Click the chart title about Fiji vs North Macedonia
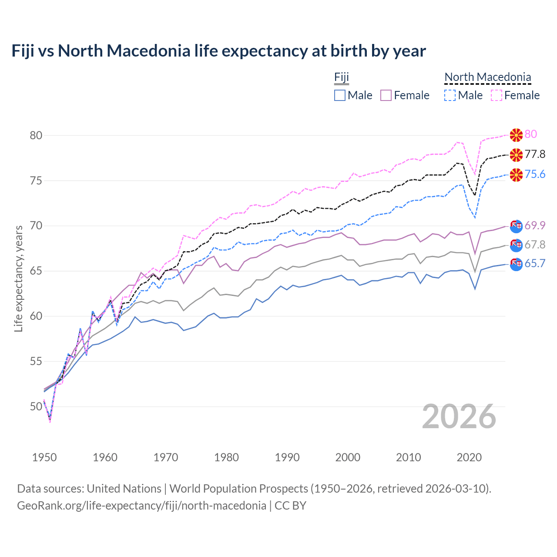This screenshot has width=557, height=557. click(218, 51)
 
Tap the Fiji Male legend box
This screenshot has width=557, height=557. click(340, 95)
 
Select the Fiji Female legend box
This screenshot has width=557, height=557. click(386, 95)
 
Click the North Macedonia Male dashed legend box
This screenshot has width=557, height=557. click(450, 95)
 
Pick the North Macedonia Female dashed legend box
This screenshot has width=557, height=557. click(497, 95)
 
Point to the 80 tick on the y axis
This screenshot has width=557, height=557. click(36, 135)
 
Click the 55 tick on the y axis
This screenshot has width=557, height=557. click(36, 361)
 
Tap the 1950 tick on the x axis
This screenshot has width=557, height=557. click(44, 457)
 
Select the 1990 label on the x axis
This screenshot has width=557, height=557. click(287, 457)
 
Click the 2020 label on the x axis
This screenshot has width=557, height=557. click(469, 457)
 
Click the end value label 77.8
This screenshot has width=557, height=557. click(535, 154)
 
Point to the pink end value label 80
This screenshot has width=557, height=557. click(531, 134)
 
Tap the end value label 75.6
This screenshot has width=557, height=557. click(535, 174)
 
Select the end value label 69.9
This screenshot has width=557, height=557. click(535, 225)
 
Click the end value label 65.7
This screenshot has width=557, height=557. click(535, 264)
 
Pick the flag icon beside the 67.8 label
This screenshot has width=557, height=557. click(516, 245)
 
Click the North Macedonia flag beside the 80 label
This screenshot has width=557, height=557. click(516, 135)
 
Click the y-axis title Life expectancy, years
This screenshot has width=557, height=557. click(19, 278)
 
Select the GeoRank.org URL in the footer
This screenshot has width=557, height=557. click(141, 506)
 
